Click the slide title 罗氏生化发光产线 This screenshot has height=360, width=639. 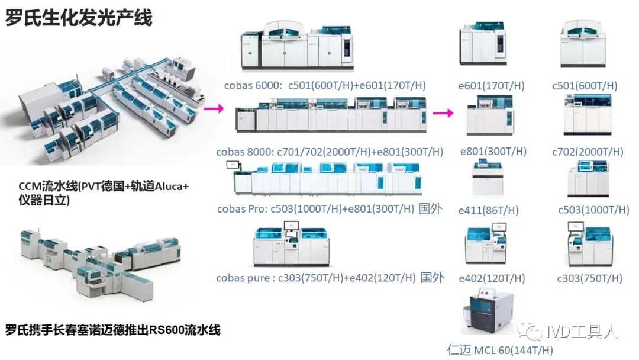[x=79, y=18]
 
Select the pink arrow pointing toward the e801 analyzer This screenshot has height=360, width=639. [x=443, y=113]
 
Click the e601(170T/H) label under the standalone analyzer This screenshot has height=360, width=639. [x=492, y=86]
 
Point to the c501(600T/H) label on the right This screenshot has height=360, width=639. [x=585, y=86]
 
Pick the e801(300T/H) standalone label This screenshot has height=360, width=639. [x=493, y=152]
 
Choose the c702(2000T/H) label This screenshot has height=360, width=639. [x=588, y=152]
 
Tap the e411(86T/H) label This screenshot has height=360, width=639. [x=489, y=210]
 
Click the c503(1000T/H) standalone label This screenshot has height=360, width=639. [x=593, y=210]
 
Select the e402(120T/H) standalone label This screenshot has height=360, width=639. [x=492, y=278]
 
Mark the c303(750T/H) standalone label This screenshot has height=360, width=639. [x=589, y=278]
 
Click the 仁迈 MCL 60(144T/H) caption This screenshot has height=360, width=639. [x=500, y=350]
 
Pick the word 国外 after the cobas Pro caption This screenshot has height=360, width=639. [x=430, y=209]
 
